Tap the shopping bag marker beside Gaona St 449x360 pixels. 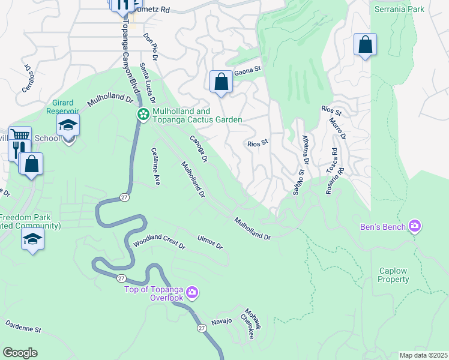tap(221, 81)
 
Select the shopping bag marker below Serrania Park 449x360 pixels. tap(365, 44)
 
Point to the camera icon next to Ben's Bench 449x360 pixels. tap(414, 226)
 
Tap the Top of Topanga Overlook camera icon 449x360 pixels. tap(192, 292)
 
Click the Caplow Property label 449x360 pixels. tap(394, 275)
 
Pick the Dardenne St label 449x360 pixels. tap(23, 329)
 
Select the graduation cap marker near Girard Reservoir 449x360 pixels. tap(68, 126)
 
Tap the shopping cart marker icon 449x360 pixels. tap(20, 136)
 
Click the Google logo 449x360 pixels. tap(20, 352)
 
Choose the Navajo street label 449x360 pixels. tap(221, 322)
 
